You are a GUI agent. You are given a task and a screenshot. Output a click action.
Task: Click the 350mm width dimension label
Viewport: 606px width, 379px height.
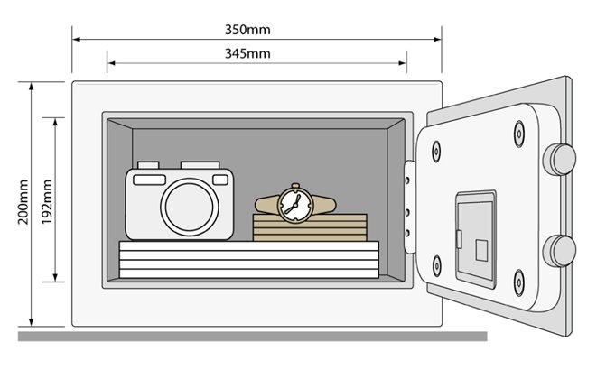tap(247, 30)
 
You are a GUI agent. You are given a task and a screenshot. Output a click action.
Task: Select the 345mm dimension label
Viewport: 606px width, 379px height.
tap(247, 53)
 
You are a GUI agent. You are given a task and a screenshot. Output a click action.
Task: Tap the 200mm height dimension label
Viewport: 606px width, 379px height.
tap(23, 201)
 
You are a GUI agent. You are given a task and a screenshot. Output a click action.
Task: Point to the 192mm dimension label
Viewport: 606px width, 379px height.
tap(47, 201)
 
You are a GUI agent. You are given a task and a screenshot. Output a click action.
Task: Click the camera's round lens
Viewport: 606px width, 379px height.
tap(190, 207)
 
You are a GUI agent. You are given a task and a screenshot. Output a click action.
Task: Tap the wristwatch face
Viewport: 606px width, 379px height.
tap(295, 204)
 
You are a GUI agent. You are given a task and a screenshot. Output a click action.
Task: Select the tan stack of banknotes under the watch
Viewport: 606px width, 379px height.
tap(310, 227)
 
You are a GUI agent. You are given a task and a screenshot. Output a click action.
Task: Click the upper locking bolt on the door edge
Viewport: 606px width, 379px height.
tap(559, 159)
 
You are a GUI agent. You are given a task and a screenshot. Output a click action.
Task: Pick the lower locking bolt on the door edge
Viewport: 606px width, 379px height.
tap(559, 251)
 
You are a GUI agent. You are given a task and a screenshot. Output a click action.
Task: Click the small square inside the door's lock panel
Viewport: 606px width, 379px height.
tap(481, 250)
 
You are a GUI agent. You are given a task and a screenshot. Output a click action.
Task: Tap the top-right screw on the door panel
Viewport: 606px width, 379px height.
tap(519, 134)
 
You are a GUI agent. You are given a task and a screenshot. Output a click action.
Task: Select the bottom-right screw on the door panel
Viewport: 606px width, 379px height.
tap(519, 283)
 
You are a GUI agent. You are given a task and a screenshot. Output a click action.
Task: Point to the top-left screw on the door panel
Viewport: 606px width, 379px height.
tap(436, 151)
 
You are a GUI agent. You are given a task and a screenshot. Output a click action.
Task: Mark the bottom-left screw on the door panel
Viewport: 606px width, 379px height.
tap(436, 266)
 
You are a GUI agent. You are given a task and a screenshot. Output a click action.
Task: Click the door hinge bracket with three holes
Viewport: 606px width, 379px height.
tap(409, 207)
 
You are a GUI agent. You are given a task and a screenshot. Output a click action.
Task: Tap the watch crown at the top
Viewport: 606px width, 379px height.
tap(295, 186)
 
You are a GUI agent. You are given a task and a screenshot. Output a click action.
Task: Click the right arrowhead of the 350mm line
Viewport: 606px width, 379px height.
tap(437, 39)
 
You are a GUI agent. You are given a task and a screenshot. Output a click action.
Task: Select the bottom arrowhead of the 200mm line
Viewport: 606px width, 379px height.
tap(32, 322)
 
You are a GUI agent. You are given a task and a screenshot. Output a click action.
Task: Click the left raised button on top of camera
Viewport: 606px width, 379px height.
tap(148, 165)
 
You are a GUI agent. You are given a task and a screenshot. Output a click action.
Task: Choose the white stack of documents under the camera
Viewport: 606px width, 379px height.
tap(249, 260)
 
